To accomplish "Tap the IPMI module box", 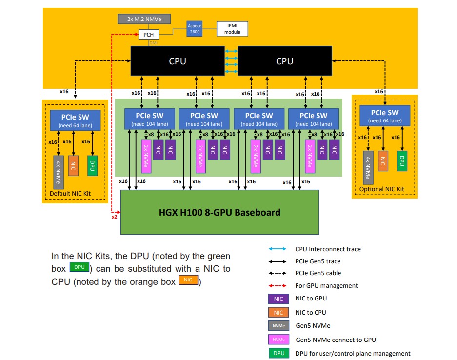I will click(x=232, y=29).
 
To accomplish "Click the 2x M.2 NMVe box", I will click(x=144, y=19).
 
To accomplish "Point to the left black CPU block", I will click(x=178, y=61).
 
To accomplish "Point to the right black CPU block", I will click(x=285, y=61).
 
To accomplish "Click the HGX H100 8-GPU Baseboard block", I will click(x=219, y=212).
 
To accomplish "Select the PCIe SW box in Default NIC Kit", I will click(x=75, y=120).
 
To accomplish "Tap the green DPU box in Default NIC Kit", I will click(x=91, y=165).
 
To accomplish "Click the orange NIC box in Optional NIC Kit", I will click(x=384, y=160).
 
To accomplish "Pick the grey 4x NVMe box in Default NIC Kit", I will click(x=59, y=172).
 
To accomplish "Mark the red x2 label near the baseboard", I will click(x=115, y=217).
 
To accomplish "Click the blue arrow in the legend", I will click(x=278, y=249).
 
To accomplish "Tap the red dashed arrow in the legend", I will click(x=278, y=285).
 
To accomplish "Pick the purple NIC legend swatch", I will click(x=278, y=299).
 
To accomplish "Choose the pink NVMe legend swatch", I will click(x=278, y=340).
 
